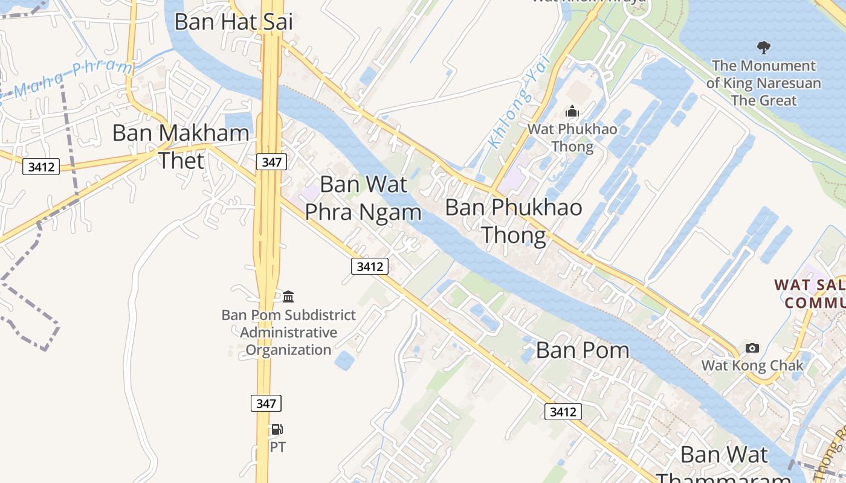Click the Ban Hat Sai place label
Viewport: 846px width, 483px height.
click(x=233, y=22)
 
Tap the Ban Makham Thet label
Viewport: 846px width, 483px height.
click(x=181, y=147)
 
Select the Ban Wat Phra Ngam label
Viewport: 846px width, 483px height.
click(x=363, y=198)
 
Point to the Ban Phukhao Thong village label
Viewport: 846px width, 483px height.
click(x=514, y=221)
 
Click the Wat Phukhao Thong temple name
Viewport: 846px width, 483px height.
click(x=572, y=138)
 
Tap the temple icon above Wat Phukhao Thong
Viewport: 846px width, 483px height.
click(x=572, y=112)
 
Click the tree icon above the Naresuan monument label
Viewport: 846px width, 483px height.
click(x=764, y=47)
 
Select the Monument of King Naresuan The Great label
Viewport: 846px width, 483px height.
click(x=764, y=83)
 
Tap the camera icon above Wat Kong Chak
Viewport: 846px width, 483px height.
click(x=752, y=348)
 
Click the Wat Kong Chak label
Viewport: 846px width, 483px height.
click(x=752, y=365)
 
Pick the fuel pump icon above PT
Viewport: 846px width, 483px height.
click(x=277, y=429)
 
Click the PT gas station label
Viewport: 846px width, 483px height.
click(x=277, y=447)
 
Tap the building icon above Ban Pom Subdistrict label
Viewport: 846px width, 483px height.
click(x=288, y=296)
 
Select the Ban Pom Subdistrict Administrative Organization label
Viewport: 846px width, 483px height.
click(x=288, y=332)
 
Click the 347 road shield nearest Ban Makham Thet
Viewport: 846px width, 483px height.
click(x=271, y=162)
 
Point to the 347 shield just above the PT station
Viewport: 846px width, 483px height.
click(x=266, y=403)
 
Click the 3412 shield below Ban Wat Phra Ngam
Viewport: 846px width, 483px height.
click(x=369, y=266)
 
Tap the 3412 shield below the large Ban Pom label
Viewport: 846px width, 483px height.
click(x=563, y=412)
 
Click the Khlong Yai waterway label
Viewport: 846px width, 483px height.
click(x=520, y=101)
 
